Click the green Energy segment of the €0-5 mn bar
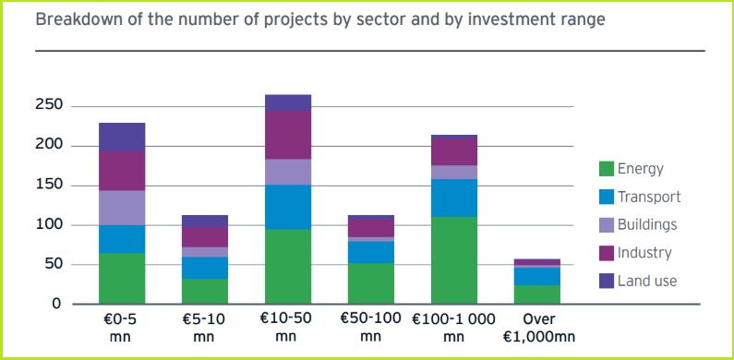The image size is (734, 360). point(122,278)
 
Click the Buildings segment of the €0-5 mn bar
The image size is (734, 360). point(122,208)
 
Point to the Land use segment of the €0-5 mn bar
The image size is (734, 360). point(122,137)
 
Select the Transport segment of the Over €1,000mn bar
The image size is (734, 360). point(536,276)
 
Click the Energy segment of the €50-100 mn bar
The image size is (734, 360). point(370,283)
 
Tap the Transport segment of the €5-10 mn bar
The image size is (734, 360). point(205,268)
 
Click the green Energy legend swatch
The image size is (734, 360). point(607,169)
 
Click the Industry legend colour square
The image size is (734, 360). point(607,253)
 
